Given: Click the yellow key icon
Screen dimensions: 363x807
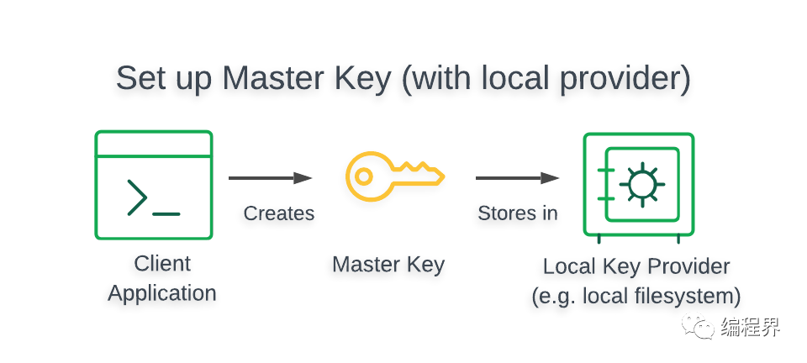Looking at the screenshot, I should pyautogui.click(x=394, y=176).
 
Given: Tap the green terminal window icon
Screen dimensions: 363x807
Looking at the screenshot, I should pyautogui.click(x=153, y=185).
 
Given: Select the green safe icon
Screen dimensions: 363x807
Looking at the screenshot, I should pyautogui.click(x=639, y=185).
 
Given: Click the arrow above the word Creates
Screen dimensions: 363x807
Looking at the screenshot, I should pyautogui.click(x=270, y=178).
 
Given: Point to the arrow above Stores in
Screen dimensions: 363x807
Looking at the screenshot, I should pyautogui.click(x=517, y=178).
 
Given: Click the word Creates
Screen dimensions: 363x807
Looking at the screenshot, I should pyautogui.click(x=279, y=213).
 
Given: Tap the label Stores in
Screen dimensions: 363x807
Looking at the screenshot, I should pyautogui.click(x=518, y=213).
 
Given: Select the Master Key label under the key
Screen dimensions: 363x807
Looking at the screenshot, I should pyautogui.click(x=388, y=265).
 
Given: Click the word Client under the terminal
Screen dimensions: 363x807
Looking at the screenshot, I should pyautogui.click(x=162, y=264).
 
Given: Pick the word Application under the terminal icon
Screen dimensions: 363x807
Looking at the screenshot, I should pyautogui.click(x=162, y=293).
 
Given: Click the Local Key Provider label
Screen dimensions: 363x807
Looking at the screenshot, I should pyautogui.click(x=636, y=267).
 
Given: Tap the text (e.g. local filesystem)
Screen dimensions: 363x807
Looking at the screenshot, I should pyautogui.click(x=636, y=296).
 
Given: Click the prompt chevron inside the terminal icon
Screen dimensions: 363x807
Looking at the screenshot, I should pyautogui.click(x=137, y=197).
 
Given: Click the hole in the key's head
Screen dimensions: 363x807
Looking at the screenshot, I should pyautogui.click(x=363, y=176).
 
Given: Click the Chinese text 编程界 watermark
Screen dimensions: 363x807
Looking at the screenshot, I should pyautogui.click(x=750, y=327).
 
